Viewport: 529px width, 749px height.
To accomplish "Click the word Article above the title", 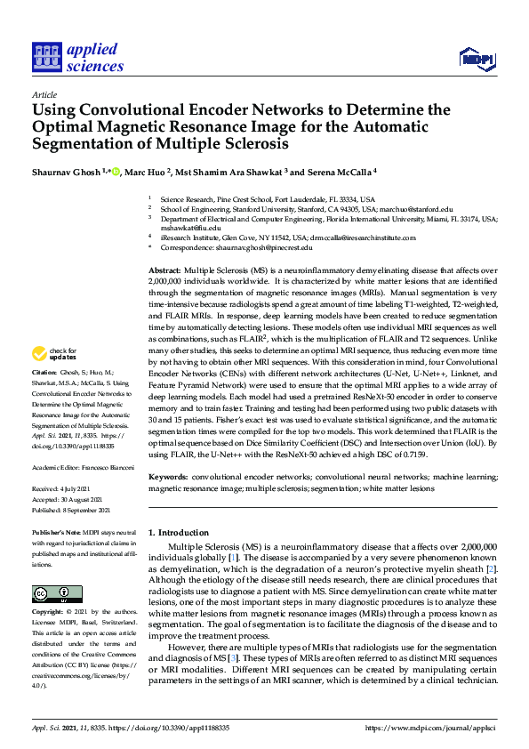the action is pyautogui.click(x=43, y=93).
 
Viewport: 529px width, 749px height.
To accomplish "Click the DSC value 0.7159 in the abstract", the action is pyautogui.click(x=407, y=455).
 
